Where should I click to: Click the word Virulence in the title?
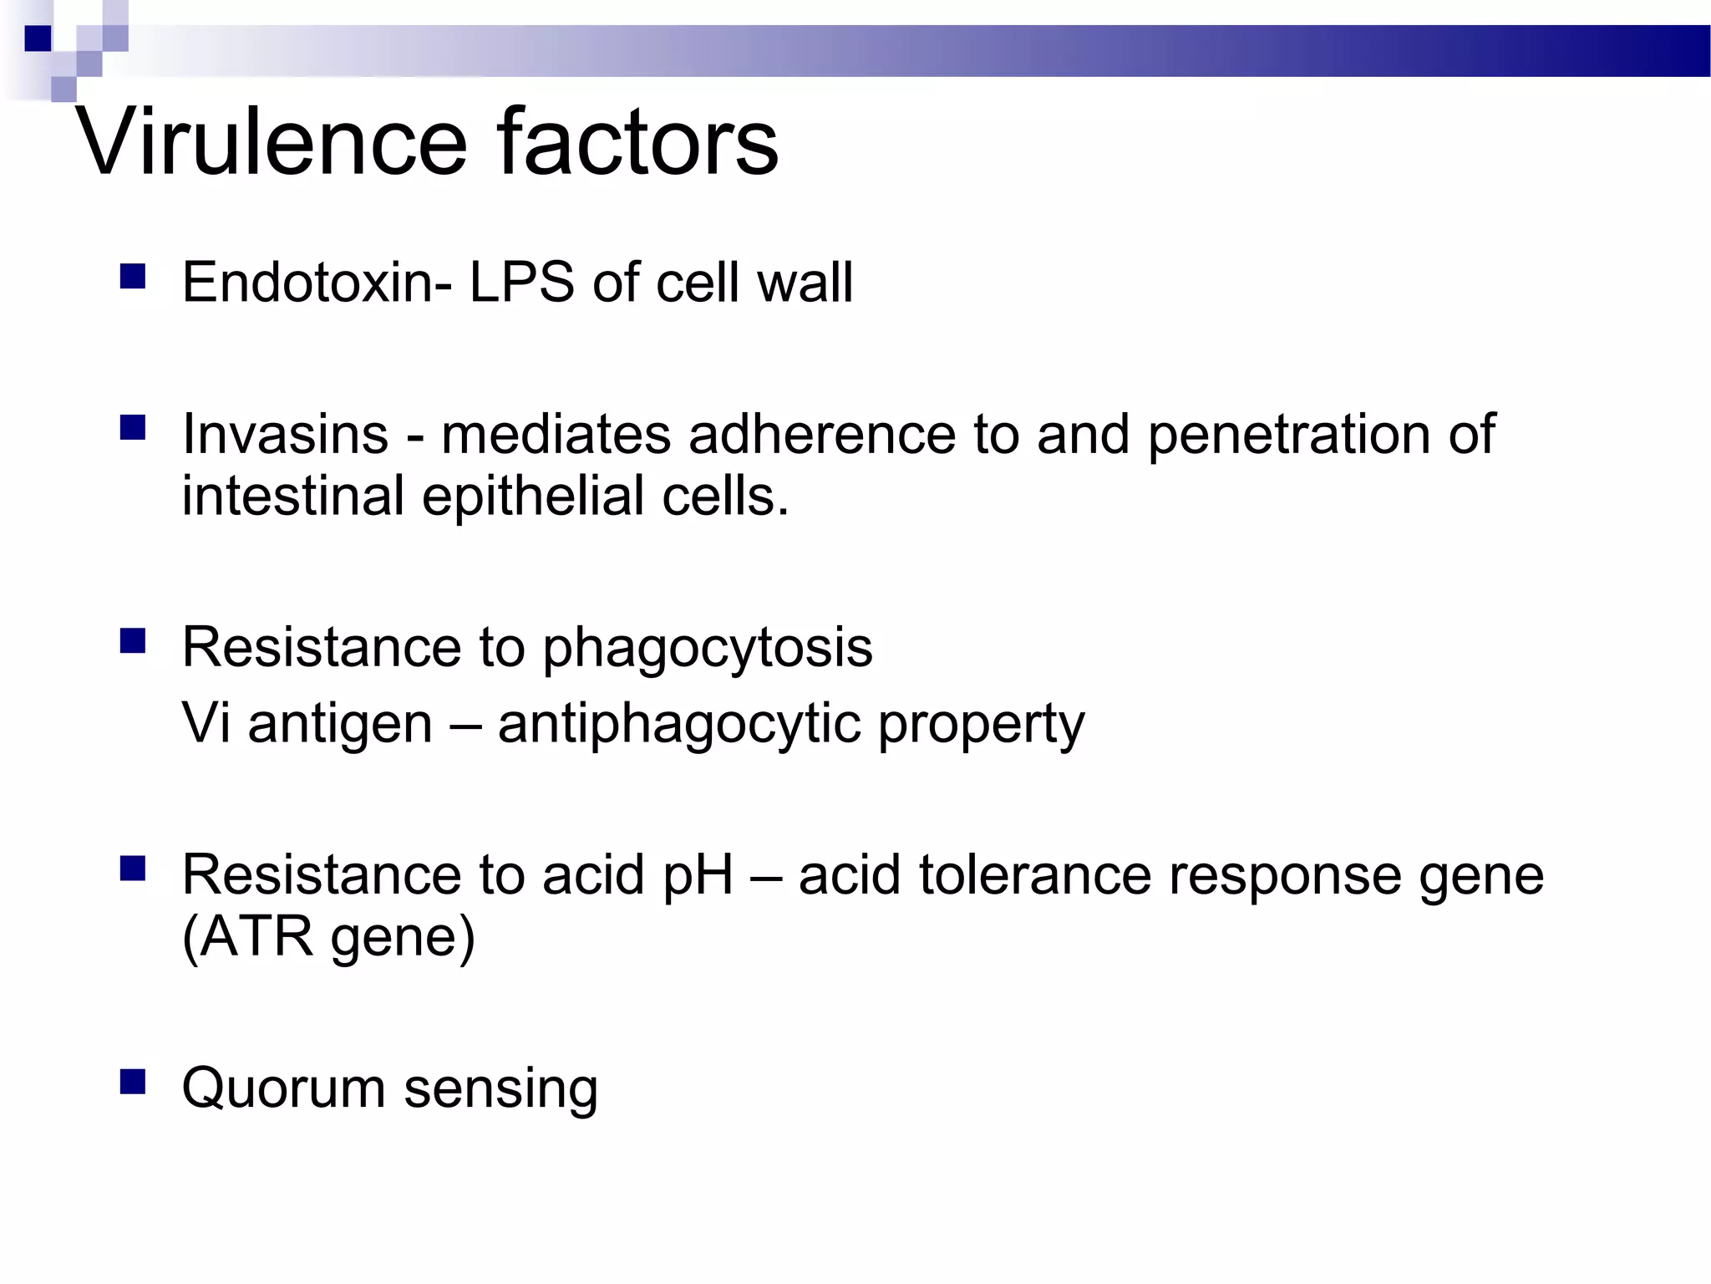[x=272, y=142]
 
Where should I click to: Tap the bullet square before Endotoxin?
[x=133, y=277]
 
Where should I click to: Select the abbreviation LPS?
[x=522, y=282]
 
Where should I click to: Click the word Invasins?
[x=286, y=435]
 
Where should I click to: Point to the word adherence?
[x=821, y=435]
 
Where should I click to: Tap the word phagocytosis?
[x=707, y=649]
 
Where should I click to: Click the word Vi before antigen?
[x=206, y=723]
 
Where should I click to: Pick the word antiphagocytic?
[x=678, y=725]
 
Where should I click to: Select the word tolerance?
[x=1034, y=876]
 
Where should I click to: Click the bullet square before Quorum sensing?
[x=133, y=1082]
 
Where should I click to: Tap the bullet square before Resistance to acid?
[x=133, y=869]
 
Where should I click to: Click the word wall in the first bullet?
[x=805, y=282]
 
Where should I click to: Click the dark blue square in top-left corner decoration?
[x=38, y=38]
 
